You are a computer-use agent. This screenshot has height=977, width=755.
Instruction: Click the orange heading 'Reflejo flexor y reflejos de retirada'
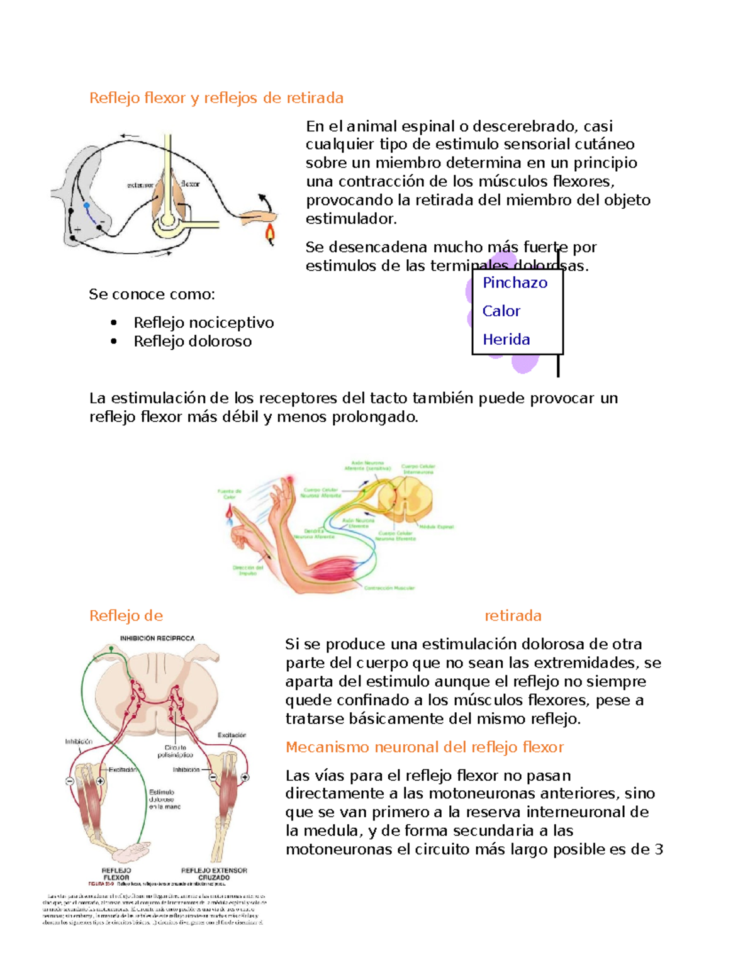coord(216,98)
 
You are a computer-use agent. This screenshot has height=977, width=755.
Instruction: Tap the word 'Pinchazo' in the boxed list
coord(515,283)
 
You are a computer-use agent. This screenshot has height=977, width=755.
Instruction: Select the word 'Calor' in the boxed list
coord(501,311)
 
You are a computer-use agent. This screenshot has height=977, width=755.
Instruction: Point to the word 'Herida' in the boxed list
coord(506,340)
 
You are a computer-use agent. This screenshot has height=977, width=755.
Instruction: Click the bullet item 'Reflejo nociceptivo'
coord(203,323)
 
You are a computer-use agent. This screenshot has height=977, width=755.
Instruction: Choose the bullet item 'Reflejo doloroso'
coord(192,342)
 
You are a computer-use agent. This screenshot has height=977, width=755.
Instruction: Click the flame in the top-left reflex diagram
coord(270,234)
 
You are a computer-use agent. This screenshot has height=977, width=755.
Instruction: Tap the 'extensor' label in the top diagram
coord(140,185)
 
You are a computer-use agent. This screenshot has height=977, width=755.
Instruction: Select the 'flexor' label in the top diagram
coord(190,184)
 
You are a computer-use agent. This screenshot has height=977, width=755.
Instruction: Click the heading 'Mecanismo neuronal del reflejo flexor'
coord(424,747)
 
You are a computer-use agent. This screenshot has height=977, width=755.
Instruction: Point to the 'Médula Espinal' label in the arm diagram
coord(437,527)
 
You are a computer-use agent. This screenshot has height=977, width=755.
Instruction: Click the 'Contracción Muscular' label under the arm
coord(389,588)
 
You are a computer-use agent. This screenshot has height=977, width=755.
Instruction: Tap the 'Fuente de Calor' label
coord(230,494)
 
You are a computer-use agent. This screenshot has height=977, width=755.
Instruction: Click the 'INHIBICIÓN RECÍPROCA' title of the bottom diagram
coord(157,638)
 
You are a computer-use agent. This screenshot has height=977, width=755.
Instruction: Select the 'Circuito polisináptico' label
coord(175,751)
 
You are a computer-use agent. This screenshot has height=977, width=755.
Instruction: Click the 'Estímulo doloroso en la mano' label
coord(164,799)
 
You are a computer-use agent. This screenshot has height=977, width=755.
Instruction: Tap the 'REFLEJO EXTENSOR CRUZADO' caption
coord(214,874)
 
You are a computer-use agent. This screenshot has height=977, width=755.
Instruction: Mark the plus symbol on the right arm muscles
coord(245,778)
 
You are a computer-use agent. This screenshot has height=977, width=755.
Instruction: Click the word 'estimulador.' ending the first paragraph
coord(351,219)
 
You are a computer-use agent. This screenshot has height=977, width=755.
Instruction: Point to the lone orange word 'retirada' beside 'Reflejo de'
coord(513,616)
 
